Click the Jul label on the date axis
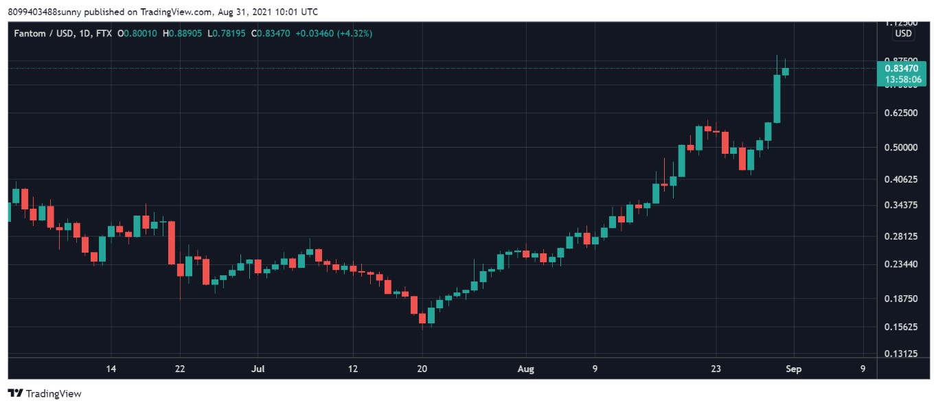(x=258, y=369)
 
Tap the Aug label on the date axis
(x=525, y=369)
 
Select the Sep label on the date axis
(x=794, y=369)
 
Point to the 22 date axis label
(x=180, y=369)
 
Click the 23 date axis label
(x=716, y=369)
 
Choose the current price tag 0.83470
(x=901, y=69)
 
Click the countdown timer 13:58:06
(x=901, y=80)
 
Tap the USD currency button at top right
(x=903, y=34)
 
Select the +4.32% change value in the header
(x=353, y=33)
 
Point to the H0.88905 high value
(x=182, y=33)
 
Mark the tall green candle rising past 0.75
(x=777, y=98)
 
